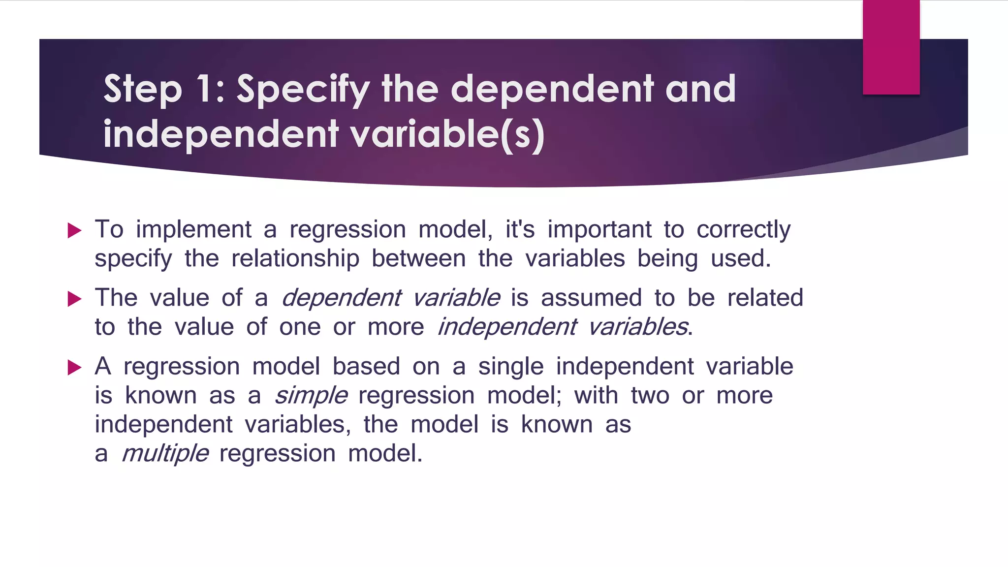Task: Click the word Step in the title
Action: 142,90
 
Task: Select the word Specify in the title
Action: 303,90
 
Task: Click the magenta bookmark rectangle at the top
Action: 891,47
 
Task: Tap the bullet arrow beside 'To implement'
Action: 74,230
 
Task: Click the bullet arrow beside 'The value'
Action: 74,299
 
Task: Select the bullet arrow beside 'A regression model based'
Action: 74,367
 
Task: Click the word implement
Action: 194,230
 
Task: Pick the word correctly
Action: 743,230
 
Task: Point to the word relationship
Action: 295,259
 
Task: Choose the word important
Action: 599,230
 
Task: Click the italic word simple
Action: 311,396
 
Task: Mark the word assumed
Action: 591,298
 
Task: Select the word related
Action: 765,298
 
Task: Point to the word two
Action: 650,396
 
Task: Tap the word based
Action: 366,367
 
